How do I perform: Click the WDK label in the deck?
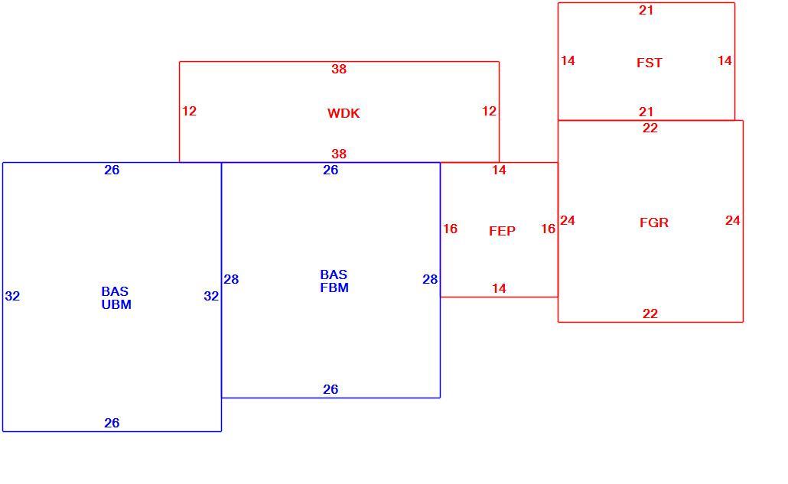[344, 113]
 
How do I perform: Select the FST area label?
[650, 63]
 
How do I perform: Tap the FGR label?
[654, 223]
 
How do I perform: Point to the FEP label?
[502, 231]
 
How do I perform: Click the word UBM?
[116, 305]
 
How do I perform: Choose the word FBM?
[334, 287]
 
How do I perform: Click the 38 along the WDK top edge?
[339, 70]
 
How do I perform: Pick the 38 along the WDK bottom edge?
[339, 154]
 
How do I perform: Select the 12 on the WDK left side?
[189, 111]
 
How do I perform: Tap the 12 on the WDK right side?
[489, 111]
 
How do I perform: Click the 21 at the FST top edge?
[646, 10]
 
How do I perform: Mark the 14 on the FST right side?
[725, 60]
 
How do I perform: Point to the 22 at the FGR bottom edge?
[650, 313]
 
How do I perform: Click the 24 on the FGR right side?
[732, 220]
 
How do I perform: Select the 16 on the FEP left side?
[450, 229]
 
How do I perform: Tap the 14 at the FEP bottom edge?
[499, 289]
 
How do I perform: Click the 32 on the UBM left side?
[12, 296]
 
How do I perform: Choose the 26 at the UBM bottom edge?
[112, 424]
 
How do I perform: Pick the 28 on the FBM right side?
[430, 279]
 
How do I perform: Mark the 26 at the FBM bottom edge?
[331, 390]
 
